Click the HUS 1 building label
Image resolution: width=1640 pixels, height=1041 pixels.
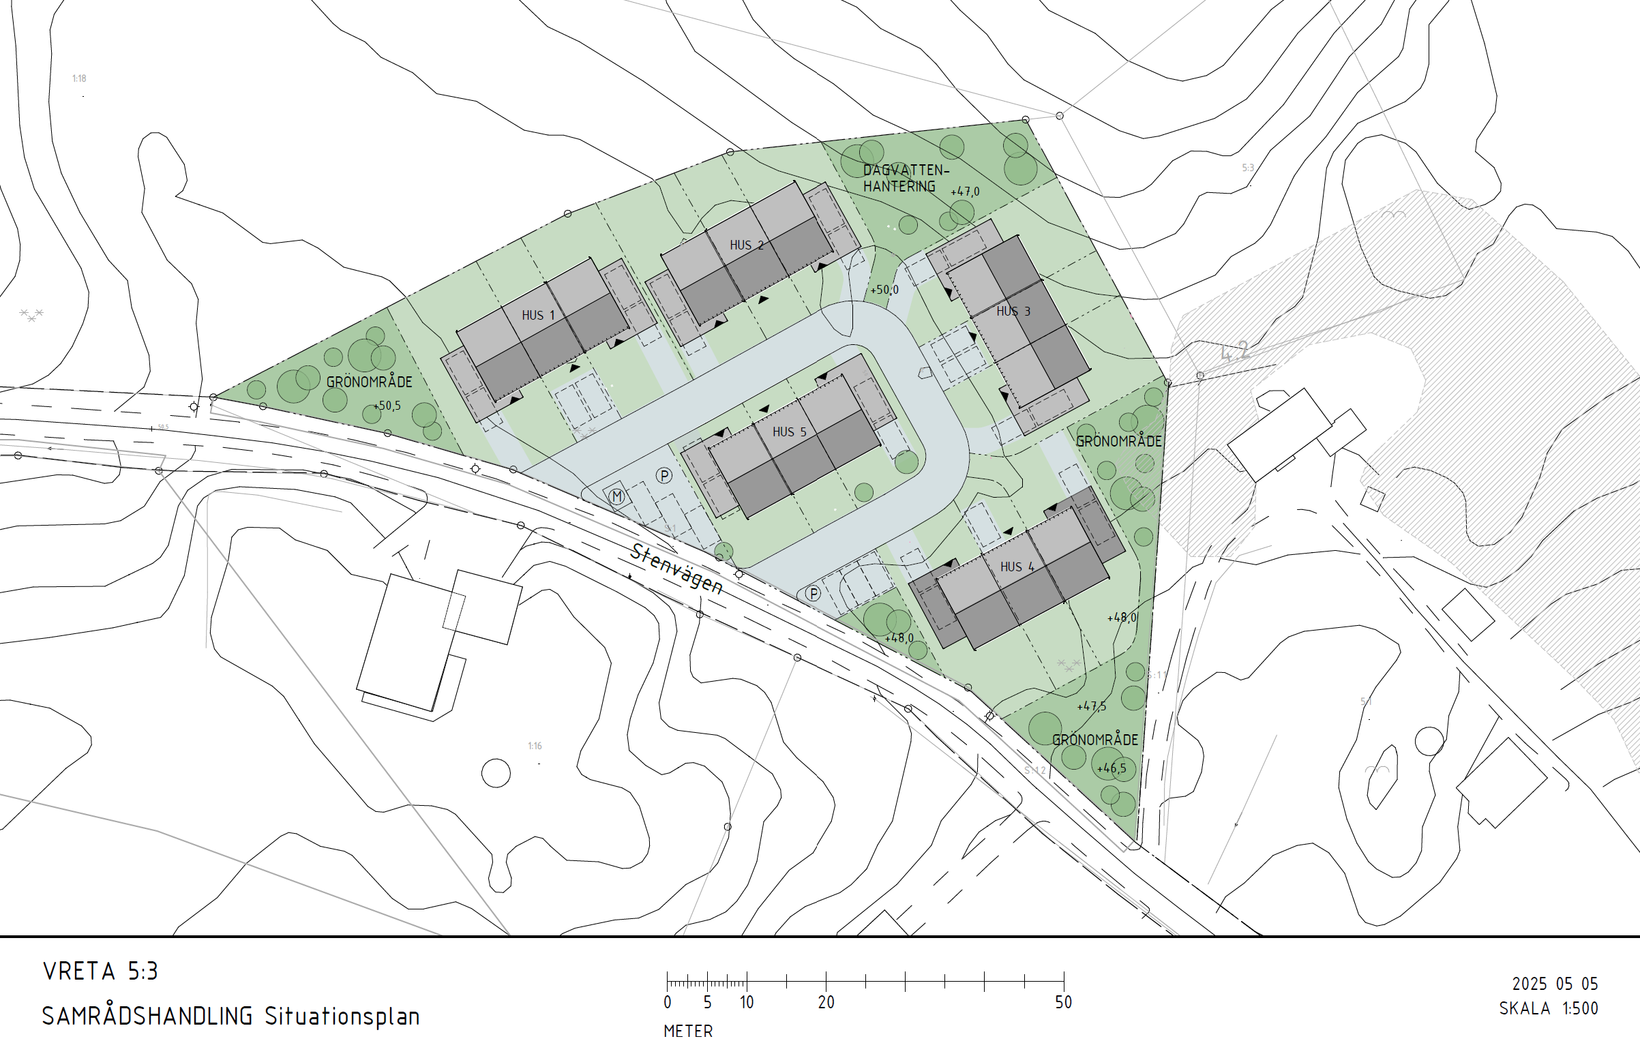tap(538, 315)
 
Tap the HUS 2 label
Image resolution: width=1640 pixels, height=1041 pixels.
tap(746, 245)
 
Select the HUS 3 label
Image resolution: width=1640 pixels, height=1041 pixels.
tap(1013, 311)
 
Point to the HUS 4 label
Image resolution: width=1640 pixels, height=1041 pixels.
tap(1017, 567)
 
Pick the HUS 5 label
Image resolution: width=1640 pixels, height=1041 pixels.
tap(789, 432)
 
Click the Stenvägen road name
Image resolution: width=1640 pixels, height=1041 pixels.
tap(676, 569)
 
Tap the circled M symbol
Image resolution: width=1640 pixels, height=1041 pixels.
tap(617, 496)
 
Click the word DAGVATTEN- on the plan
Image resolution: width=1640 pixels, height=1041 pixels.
tap(906, 170)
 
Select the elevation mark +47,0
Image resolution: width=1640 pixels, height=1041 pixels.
tap(965, 192)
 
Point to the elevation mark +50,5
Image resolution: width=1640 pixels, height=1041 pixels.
tap(387, 406)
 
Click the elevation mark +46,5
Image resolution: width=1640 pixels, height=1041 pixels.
tap(1111, 768)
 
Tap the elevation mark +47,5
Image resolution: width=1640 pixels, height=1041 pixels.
tap(1091, 706)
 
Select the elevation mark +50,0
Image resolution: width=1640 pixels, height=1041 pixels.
tap(884, 290)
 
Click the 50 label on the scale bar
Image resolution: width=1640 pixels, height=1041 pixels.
tap(1063, 1002)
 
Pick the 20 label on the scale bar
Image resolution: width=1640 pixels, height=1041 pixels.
tap(826, 1002)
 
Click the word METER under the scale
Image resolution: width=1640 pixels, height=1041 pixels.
tap(688, 1031)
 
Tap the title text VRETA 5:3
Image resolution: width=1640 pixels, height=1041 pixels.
tap(100, 971)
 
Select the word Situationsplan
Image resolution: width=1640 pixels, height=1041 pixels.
tap(342, 1016)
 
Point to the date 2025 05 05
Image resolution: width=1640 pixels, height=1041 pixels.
tap(1555, 984)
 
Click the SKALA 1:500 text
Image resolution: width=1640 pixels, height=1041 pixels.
tap(1548, 1008)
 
